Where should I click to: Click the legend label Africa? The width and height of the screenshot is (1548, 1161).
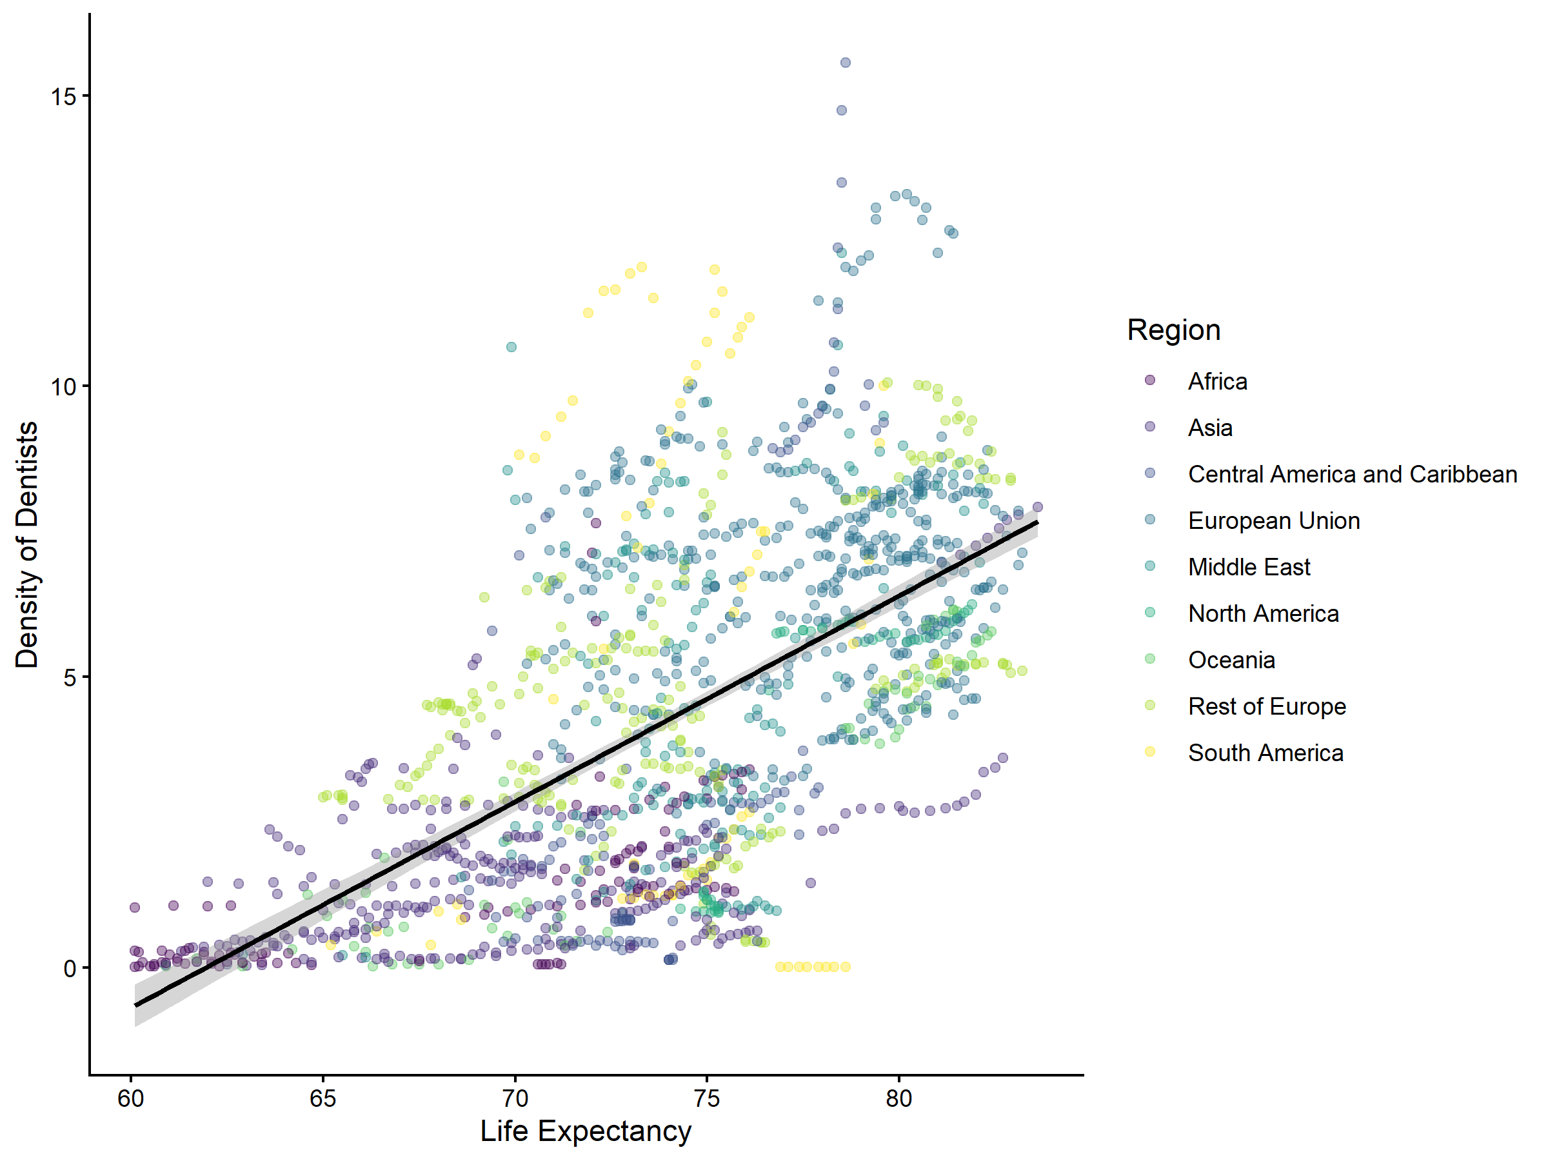[x=1217, y=381]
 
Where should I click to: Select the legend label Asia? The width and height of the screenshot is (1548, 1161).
[x=1210, y=428]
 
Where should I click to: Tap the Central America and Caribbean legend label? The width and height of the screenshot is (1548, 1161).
[x=1352, y=475]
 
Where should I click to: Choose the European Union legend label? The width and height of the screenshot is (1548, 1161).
[x=1274, y=521]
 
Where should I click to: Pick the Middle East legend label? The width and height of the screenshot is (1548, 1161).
[x=1249, y=567]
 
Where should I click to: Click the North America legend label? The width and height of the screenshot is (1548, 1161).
[x=1263, y=614]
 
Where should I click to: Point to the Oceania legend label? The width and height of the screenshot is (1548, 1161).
[x=1231, y=660]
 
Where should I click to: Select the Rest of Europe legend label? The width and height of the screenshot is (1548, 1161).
[x=1267, y=706]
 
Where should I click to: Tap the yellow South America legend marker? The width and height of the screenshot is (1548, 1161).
[x=1150, y=751]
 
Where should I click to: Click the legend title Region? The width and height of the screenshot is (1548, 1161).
[x=1174, y=330]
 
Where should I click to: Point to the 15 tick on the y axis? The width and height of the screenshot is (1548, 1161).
[x=64, y=96]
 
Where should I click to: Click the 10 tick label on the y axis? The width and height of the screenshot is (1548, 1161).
[x=64, y=386]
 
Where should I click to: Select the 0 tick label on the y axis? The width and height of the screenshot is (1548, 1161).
[x=70, y=969]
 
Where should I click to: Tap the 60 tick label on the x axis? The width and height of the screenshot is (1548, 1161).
[x=131, y=1098]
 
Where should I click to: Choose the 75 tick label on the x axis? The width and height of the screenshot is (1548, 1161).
[x=707, y=1098]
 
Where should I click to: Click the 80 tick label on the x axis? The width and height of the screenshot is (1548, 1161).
[x=898, y=1098]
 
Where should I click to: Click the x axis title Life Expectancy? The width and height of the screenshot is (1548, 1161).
[x=586, y=1131]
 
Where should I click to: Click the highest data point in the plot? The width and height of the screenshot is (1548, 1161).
[x=846, y=63]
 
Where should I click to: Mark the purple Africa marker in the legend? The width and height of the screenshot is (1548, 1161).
[x=1150, y=380]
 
